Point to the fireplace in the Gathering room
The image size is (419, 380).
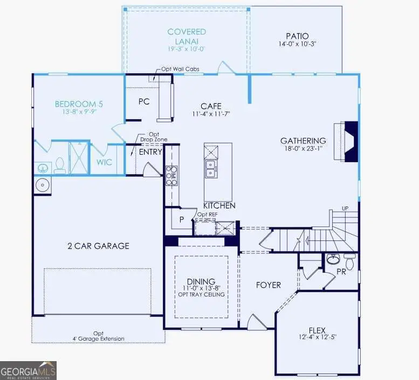[x=350, y=141]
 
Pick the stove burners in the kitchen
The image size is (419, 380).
[x=171, y=175]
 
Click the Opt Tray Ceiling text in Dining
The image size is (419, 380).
[x=201, y=295]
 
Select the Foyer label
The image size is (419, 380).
[x=268, y=285]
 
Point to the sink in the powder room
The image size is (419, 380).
[x=333, y=260]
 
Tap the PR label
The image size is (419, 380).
[x=341, y=272]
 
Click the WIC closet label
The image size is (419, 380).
[x=104, y=162]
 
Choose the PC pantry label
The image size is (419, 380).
[x=143, y=101]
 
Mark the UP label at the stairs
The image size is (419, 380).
[x=345, y=209]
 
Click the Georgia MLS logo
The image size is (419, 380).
[x=28, y=370]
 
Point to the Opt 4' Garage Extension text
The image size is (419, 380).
[x=98, y=336]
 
